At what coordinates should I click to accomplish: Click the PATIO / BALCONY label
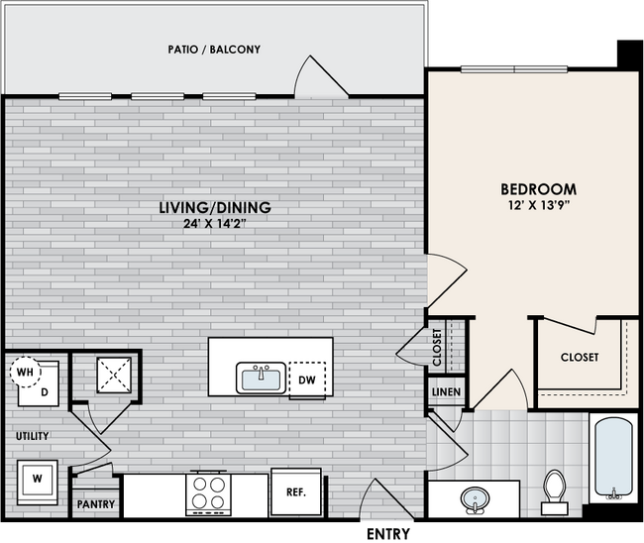coord(213,49)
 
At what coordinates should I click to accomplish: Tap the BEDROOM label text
coord(538,188)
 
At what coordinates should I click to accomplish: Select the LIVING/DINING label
coord(215,208)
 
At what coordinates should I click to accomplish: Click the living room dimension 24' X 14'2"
coord(215,225)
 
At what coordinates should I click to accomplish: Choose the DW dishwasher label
coord(306,379)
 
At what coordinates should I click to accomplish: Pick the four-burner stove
coord(209,492)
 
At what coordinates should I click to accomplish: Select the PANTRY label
coord(96,505)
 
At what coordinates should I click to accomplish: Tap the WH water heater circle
coord(23,373)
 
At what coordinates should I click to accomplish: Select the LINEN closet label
coord(445,392)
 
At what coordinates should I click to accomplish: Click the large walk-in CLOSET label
coord(579,357)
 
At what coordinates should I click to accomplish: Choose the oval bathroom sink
coord(475,499)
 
